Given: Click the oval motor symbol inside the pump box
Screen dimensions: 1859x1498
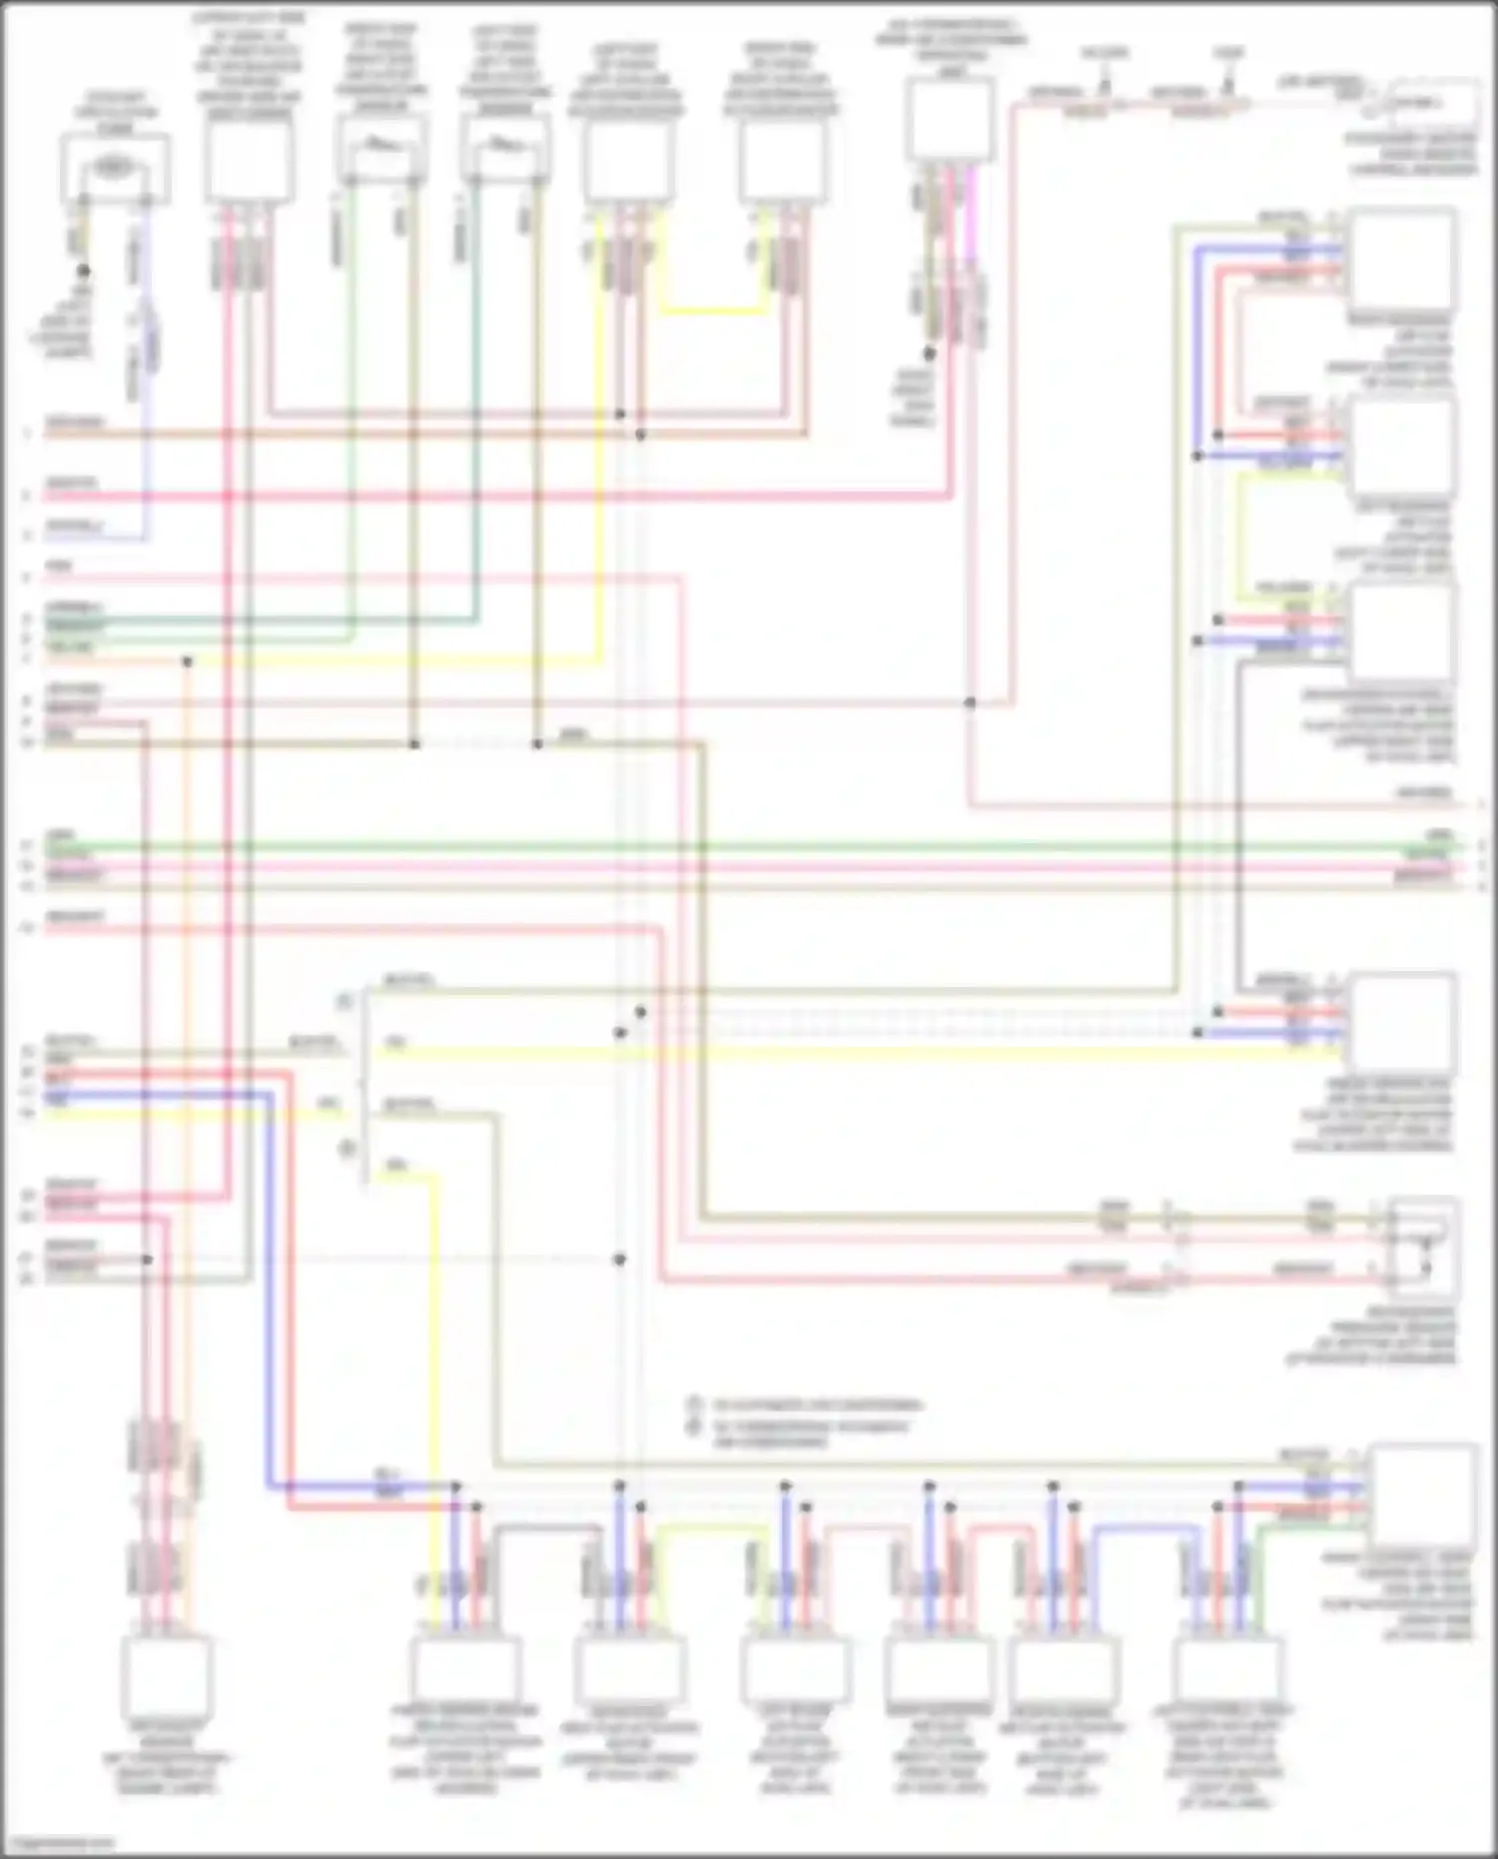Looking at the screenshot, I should click(x=114, y=168).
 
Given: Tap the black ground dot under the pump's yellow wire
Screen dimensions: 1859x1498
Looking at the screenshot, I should click(x=84, y=271).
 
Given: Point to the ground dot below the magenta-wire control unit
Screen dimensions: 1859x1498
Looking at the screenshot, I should click(x=929, y=354).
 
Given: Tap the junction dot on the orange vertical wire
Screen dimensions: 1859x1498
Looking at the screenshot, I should click(x=187, y=661).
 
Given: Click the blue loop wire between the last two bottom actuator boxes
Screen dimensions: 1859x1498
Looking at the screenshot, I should click(x=1148, y=1526).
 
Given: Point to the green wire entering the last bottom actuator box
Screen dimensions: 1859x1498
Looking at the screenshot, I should click(x=1256, y=1568).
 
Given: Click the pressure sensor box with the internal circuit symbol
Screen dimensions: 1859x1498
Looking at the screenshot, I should click(x=1425, y=1248).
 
